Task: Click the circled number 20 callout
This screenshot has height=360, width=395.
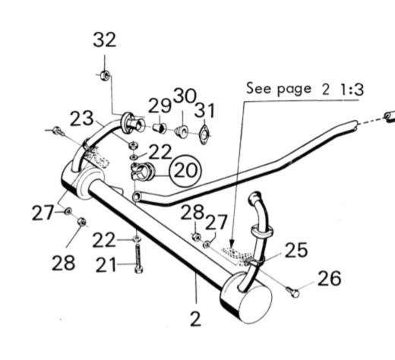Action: pos(186,171)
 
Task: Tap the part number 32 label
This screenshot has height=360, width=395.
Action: pos(105,39)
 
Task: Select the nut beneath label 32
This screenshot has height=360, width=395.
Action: pos(105,75)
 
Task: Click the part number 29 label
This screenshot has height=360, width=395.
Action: pos(160,106)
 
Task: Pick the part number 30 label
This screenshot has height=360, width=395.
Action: pos(185,96)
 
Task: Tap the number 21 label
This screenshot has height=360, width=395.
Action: pos(106,265)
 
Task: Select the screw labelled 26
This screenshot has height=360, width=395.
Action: pos(293,292)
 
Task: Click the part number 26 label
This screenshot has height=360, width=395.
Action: pos(330,279)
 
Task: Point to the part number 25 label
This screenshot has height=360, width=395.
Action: pos(296,250)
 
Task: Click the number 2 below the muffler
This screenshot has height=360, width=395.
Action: pos(196,319)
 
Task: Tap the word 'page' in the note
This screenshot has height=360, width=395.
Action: pos(294,89)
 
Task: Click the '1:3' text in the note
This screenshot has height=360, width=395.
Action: pos(352,90)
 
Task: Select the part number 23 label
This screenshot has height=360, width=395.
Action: pos(81,118)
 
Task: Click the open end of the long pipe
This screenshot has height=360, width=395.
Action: pos(137,197)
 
